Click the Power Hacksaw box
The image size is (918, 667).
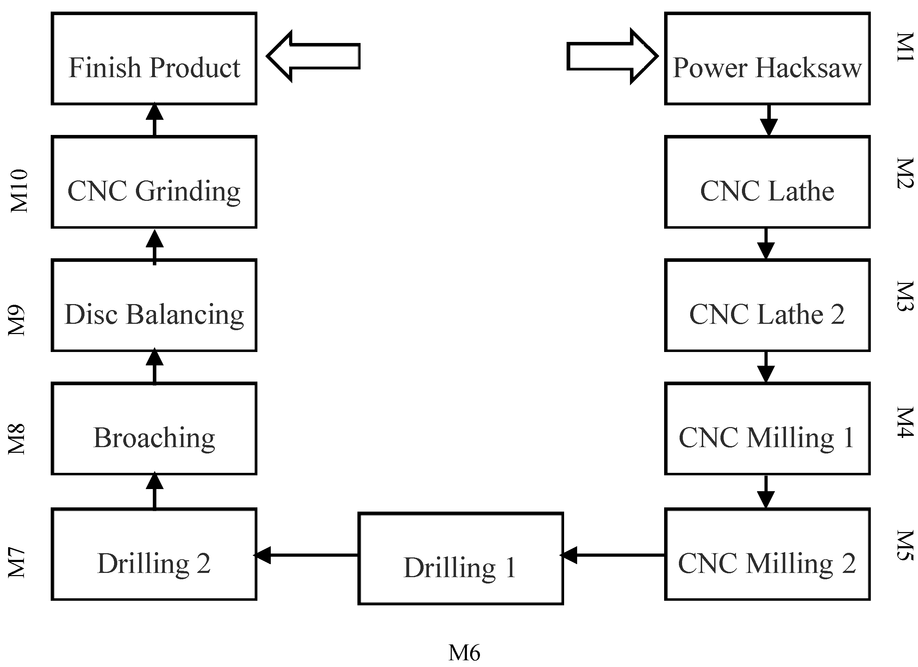[x=767, y=59]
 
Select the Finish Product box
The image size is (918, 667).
[x=154, y=59]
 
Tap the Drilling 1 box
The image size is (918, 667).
[x=460, y=559]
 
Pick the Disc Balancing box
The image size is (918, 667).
[x=154, y=305]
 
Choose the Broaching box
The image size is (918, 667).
[x=154, y=428]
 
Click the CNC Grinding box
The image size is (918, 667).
[x=154, y=182]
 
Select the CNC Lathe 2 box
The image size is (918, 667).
[x=767, y=305]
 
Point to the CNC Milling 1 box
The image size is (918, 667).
[x=767, y=428]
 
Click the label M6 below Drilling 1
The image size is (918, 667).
[x=464, y=653]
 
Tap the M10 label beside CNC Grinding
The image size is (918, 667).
[x=19, y=190]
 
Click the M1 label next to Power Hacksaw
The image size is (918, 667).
[x=904, y=47]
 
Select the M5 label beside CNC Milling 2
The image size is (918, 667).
[x=904, y=545]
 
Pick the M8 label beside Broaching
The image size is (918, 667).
[x=17, y=439]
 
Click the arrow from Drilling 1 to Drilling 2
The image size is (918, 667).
[x=307, y=555]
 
